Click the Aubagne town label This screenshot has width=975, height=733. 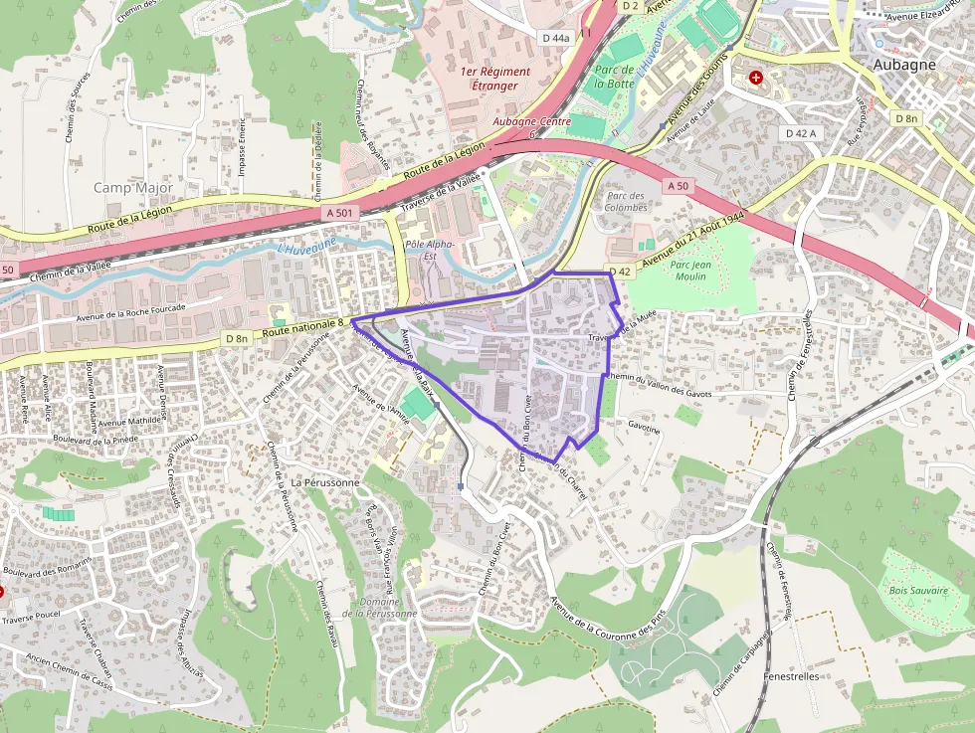(904, 65)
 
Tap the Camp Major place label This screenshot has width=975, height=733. (133, 188)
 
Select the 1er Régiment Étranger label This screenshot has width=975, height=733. (494, 79)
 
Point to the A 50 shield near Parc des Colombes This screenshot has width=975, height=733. (678, 186)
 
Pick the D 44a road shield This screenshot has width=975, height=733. (556, 38)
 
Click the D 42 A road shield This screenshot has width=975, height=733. (800, 133)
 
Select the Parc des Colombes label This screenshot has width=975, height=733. (626, 202)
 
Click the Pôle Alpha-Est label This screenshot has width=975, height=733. (430, 250)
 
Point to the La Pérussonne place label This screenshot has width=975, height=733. (325, 482)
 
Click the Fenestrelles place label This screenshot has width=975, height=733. (791, 676)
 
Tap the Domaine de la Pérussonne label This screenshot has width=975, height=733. (379, 608)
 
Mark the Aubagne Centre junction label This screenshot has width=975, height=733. (531, 121)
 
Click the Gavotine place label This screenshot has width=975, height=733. (644, 430)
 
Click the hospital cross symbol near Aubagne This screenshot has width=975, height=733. (756, 77)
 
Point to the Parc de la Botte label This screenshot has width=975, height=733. (614, 77)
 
